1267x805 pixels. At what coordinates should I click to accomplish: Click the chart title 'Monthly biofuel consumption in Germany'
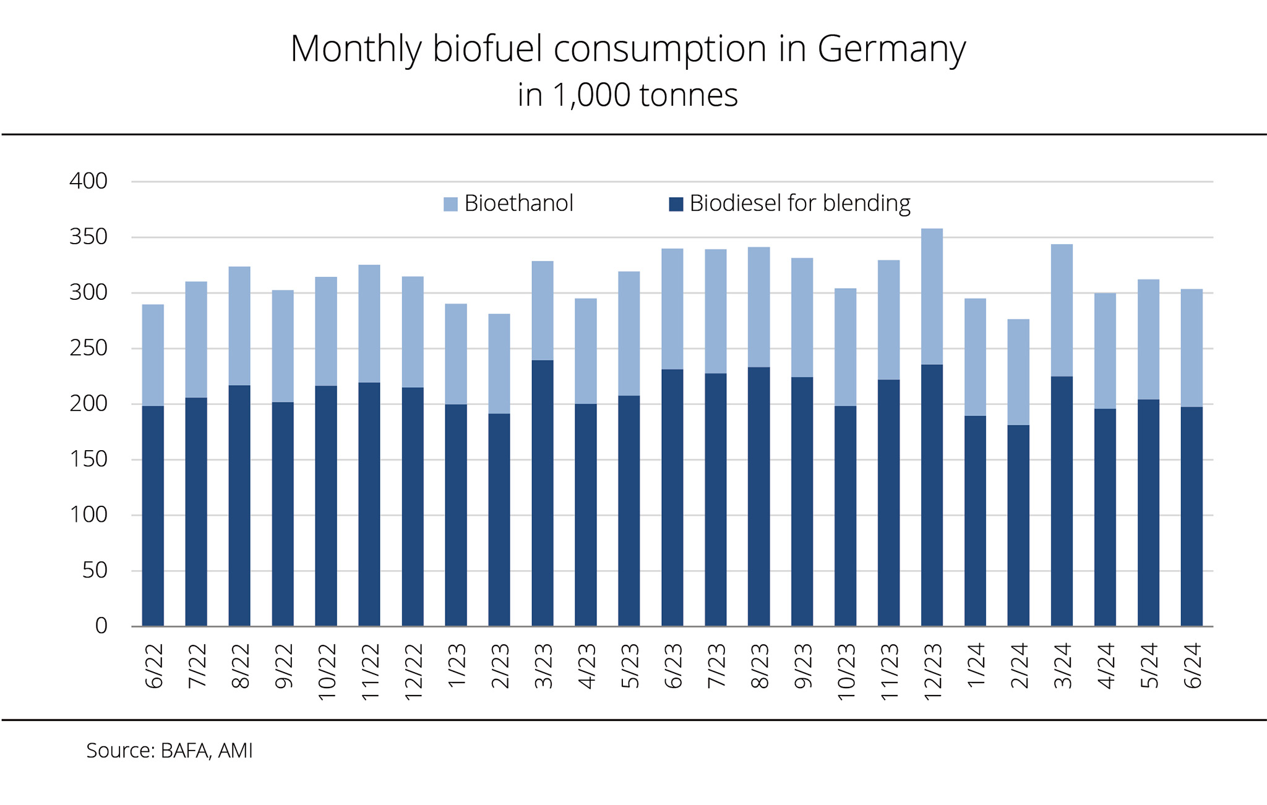(x=627, y=49)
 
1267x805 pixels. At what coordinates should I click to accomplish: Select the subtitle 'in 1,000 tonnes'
(x=627, y=95)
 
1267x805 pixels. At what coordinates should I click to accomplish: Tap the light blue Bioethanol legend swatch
(x=450, y=204)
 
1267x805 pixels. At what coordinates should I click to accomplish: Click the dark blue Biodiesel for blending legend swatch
(x=676, y=204)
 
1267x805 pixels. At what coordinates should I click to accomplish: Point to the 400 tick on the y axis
(x=88, y=181)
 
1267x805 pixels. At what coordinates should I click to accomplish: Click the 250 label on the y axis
(x=88, y=348)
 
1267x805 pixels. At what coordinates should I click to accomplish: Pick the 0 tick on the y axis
(x=101, y=626)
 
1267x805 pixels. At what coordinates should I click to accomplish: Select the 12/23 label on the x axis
(x=932, y=671)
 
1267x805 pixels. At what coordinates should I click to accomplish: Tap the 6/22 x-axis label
(x=153, y=666)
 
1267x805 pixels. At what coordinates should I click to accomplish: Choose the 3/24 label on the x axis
(x=1062, y=666)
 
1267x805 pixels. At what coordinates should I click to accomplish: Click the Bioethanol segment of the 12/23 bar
(x=932, y=297)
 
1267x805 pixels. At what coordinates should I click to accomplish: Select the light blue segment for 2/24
(x=1018, y=372)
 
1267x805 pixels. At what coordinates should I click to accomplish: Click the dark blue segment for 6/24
(x=1192, y=516)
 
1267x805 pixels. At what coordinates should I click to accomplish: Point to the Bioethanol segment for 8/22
(x=239, y=326)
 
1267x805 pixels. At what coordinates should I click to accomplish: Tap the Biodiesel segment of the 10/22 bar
(x=326, y=506)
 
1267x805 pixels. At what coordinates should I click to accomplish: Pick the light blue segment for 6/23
(x=672, y=309)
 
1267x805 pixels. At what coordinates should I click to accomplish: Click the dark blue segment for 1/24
(x=975, y=521)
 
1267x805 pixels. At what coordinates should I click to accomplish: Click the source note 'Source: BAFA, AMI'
(x=169, y=751)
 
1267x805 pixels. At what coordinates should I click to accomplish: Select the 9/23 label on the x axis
(x=802, y=666)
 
